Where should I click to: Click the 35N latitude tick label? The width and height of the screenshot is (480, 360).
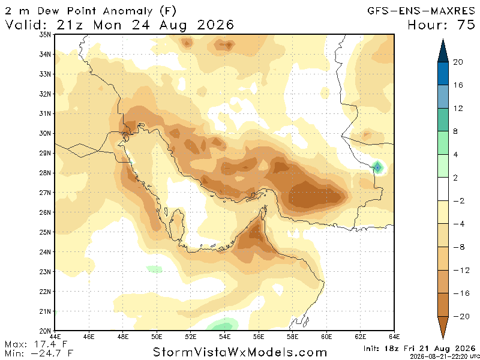pos(46,35)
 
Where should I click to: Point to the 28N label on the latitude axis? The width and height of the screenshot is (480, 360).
pos(46,173)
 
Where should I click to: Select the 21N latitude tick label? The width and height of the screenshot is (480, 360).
pos(46,311)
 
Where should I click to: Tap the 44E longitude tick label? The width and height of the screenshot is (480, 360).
pos(55,337)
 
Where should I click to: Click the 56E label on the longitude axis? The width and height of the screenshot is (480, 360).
pos(259,337)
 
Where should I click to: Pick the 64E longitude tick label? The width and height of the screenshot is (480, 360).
pos(394,337)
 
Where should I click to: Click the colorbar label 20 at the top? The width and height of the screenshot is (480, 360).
pos(458,62)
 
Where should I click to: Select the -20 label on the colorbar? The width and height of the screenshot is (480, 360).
pos(461,316)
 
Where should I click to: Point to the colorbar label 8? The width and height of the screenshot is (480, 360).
pos(455,131)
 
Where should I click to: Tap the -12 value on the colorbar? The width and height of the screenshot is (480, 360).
pos(461,270)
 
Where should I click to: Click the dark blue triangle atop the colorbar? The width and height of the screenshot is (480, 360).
pos(443,51)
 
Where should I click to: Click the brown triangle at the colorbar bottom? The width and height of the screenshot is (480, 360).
pos(443,328)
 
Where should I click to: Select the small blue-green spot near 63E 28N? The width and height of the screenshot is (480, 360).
pos(378,167)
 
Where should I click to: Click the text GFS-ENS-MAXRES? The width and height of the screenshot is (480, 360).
pos(421,11)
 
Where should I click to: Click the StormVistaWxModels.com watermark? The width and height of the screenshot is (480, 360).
pos(240,352)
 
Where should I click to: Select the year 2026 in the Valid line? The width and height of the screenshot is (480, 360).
pos(215,25)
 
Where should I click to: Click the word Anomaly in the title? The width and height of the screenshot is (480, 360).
pos(127,11)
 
